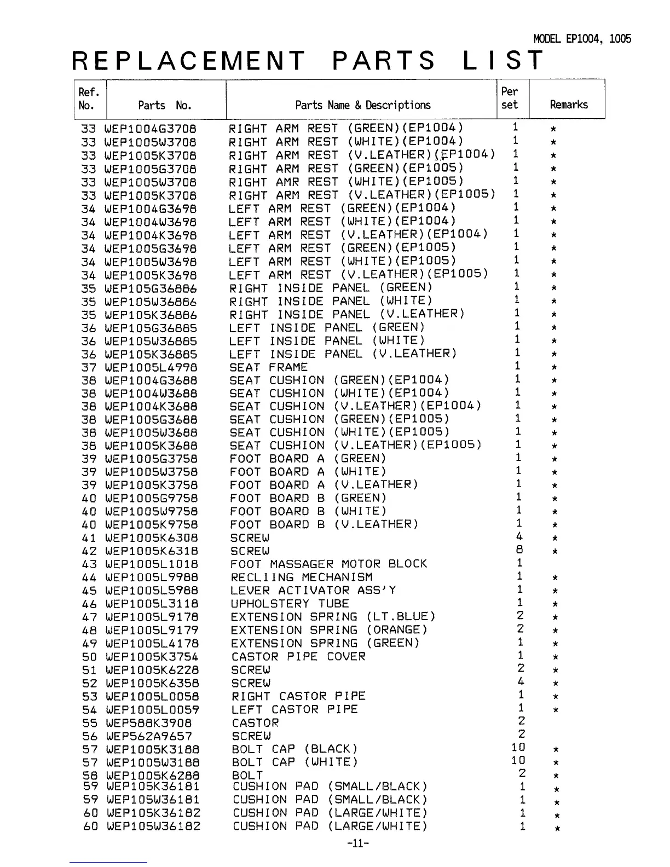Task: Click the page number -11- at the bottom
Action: (x=359, y=843)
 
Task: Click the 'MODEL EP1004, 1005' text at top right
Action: (x=582, y=39)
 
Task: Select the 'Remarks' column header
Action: (x=568, y=105)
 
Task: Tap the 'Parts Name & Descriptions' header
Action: (x=362, y=105)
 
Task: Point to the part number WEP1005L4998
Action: (x=151, y=368)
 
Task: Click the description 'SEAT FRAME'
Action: (x=268, y=367)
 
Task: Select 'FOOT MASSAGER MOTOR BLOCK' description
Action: (x=328, y=564)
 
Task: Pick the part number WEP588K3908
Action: (x=149, y=723)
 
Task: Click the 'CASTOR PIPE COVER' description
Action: (x=298, y=657)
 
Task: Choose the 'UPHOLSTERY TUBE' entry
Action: (x=290, y=604)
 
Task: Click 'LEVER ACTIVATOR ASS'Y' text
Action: (x=313, y=591)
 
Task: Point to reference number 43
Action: (x=89, y=564)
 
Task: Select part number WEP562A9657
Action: (x=149, y=737)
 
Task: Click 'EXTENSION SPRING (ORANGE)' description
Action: (x=329, y=631)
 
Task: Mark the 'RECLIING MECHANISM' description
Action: (x=302, y=577)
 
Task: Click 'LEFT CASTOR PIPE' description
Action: (x=294, y=710)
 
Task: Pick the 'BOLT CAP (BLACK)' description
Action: (x=294, y=749)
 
